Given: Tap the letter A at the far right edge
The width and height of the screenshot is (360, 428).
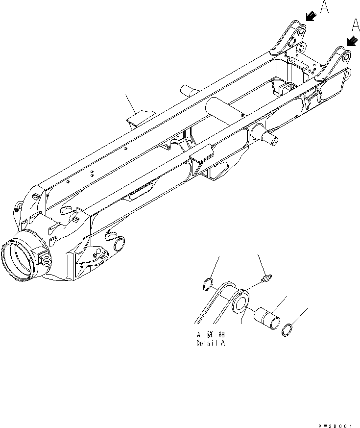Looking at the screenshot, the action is (x=356, y=25).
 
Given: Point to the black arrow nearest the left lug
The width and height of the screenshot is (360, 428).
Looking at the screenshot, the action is (x=311, y=17).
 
